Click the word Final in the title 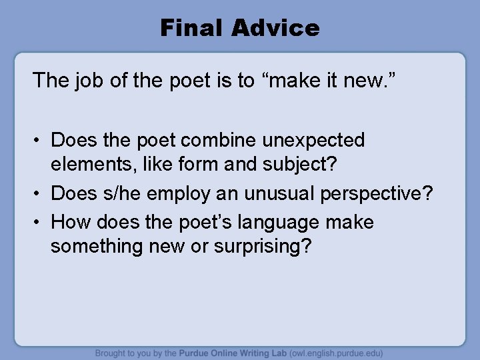[190, 28]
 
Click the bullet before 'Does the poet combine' [39, 141]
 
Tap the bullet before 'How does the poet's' [39, 221]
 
